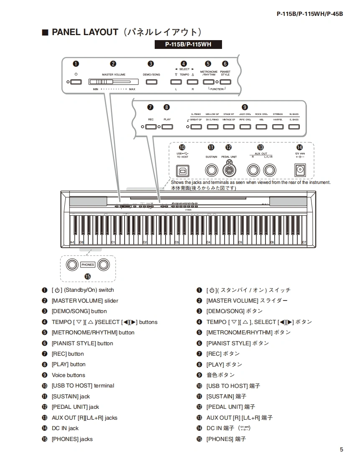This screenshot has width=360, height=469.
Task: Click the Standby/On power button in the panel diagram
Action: [76, 82]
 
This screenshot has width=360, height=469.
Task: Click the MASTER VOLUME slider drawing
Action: [113, 82]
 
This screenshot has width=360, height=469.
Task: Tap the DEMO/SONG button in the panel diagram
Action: [151, 82]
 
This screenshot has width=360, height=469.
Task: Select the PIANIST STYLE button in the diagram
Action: [225, 82]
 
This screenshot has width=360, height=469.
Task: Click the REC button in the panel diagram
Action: [151, 127]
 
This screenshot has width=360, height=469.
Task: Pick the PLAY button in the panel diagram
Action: [167, 127]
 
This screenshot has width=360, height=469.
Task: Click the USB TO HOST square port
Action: [183, 170]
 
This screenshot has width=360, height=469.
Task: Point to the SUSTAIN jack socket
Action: [211, 170]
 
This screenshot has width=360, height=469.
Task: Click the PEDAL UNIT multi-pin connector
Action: [229, 170]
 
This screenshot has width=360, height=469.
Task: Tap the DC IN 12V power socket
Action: [299, 170]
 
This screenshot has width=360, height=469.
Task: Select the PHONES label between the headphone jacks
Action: [88, 265]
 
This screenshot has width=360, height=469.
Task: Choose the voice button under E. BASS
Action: [294, 127]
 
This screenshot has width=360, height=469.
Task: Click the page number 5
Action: [342, 450]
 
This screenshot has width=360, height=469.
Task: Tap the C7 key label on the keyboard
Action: [304, 242]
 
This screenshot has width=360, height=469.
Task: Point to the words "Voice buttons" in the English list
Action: [68, 375]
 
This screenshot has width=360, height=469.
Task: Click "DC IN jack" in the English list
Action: [65, 428]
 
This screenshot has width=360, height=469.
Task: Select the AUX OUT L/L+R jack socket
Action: [270, 170]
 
